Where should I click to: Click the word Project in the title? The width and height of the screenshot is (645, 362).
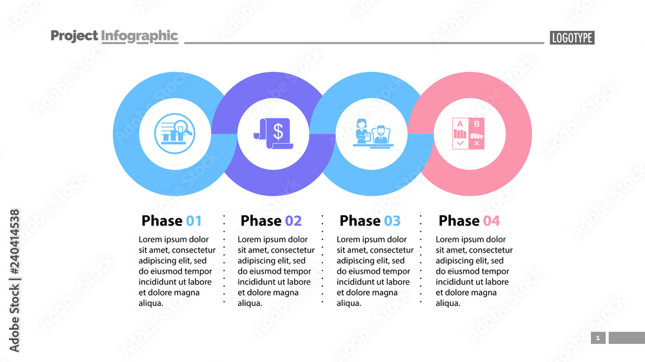click(74, 36)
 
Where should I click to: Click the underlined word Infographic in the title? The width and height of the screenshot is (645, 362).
click(139, 36)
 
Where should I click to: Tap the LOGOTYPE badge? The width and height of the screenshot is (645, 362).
click(572, 38)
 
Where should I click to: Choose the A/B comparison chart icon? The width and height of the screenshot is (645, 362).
click(469, 134)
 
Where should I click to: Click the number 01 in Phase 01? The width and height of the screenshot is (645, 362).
click(193, 221)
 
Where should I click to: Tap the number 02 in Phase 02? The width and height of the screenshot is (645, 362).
click(293, 221)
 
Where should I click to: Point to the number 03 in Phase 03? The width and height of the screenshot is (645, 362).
click(392, 221)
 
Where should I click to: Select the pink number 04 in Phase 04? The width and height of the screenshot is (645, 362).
click(491, 221)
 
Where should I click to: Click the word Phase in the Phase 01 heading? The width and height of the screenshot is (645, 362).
click(162, 221)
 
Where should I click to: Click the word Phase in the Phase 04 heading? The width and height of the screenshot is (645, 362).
click(459, 221)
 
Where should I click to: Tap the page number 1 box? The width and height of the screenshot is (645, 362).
click(598, 338)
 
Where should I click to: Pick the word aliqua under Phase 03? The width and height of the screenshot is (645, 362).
click(350, 303)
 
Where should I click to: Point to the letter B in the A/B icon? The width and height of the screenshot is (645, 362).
click(477, 124)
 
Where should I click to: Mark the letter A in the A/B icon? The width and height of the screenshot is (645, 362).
click(460, 124)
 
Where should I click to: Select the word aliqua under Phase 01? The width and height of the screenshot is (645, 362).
click(152, 303)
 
